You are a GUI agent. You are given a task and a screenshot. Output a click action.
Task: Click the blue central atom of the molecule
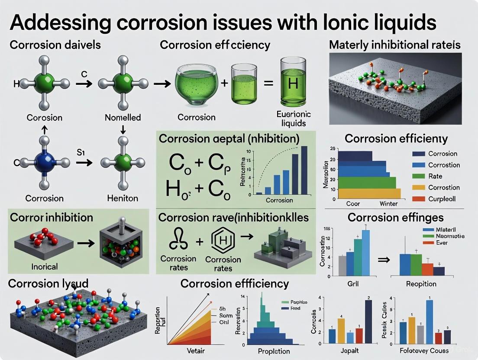[x=45, y=163]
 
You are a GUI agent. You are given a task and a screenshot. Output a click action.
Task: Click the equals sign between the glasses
[x=268, y=84]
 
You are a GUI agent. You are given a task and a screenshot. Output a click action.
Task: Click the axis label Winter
[x=388, y=203]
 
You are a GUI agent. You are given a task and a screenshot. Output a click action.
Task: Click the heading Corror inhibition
[x=50, y=217]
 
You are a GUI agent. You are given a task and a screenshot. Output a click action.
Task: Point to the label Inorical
[x=45, y=267]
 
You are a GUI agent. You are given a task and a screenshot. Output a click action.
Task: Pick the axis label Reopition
[x=421, y=284]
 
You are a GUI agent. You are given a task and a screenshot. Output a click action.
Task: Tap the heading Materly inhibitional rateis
[x=394, y=45]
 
